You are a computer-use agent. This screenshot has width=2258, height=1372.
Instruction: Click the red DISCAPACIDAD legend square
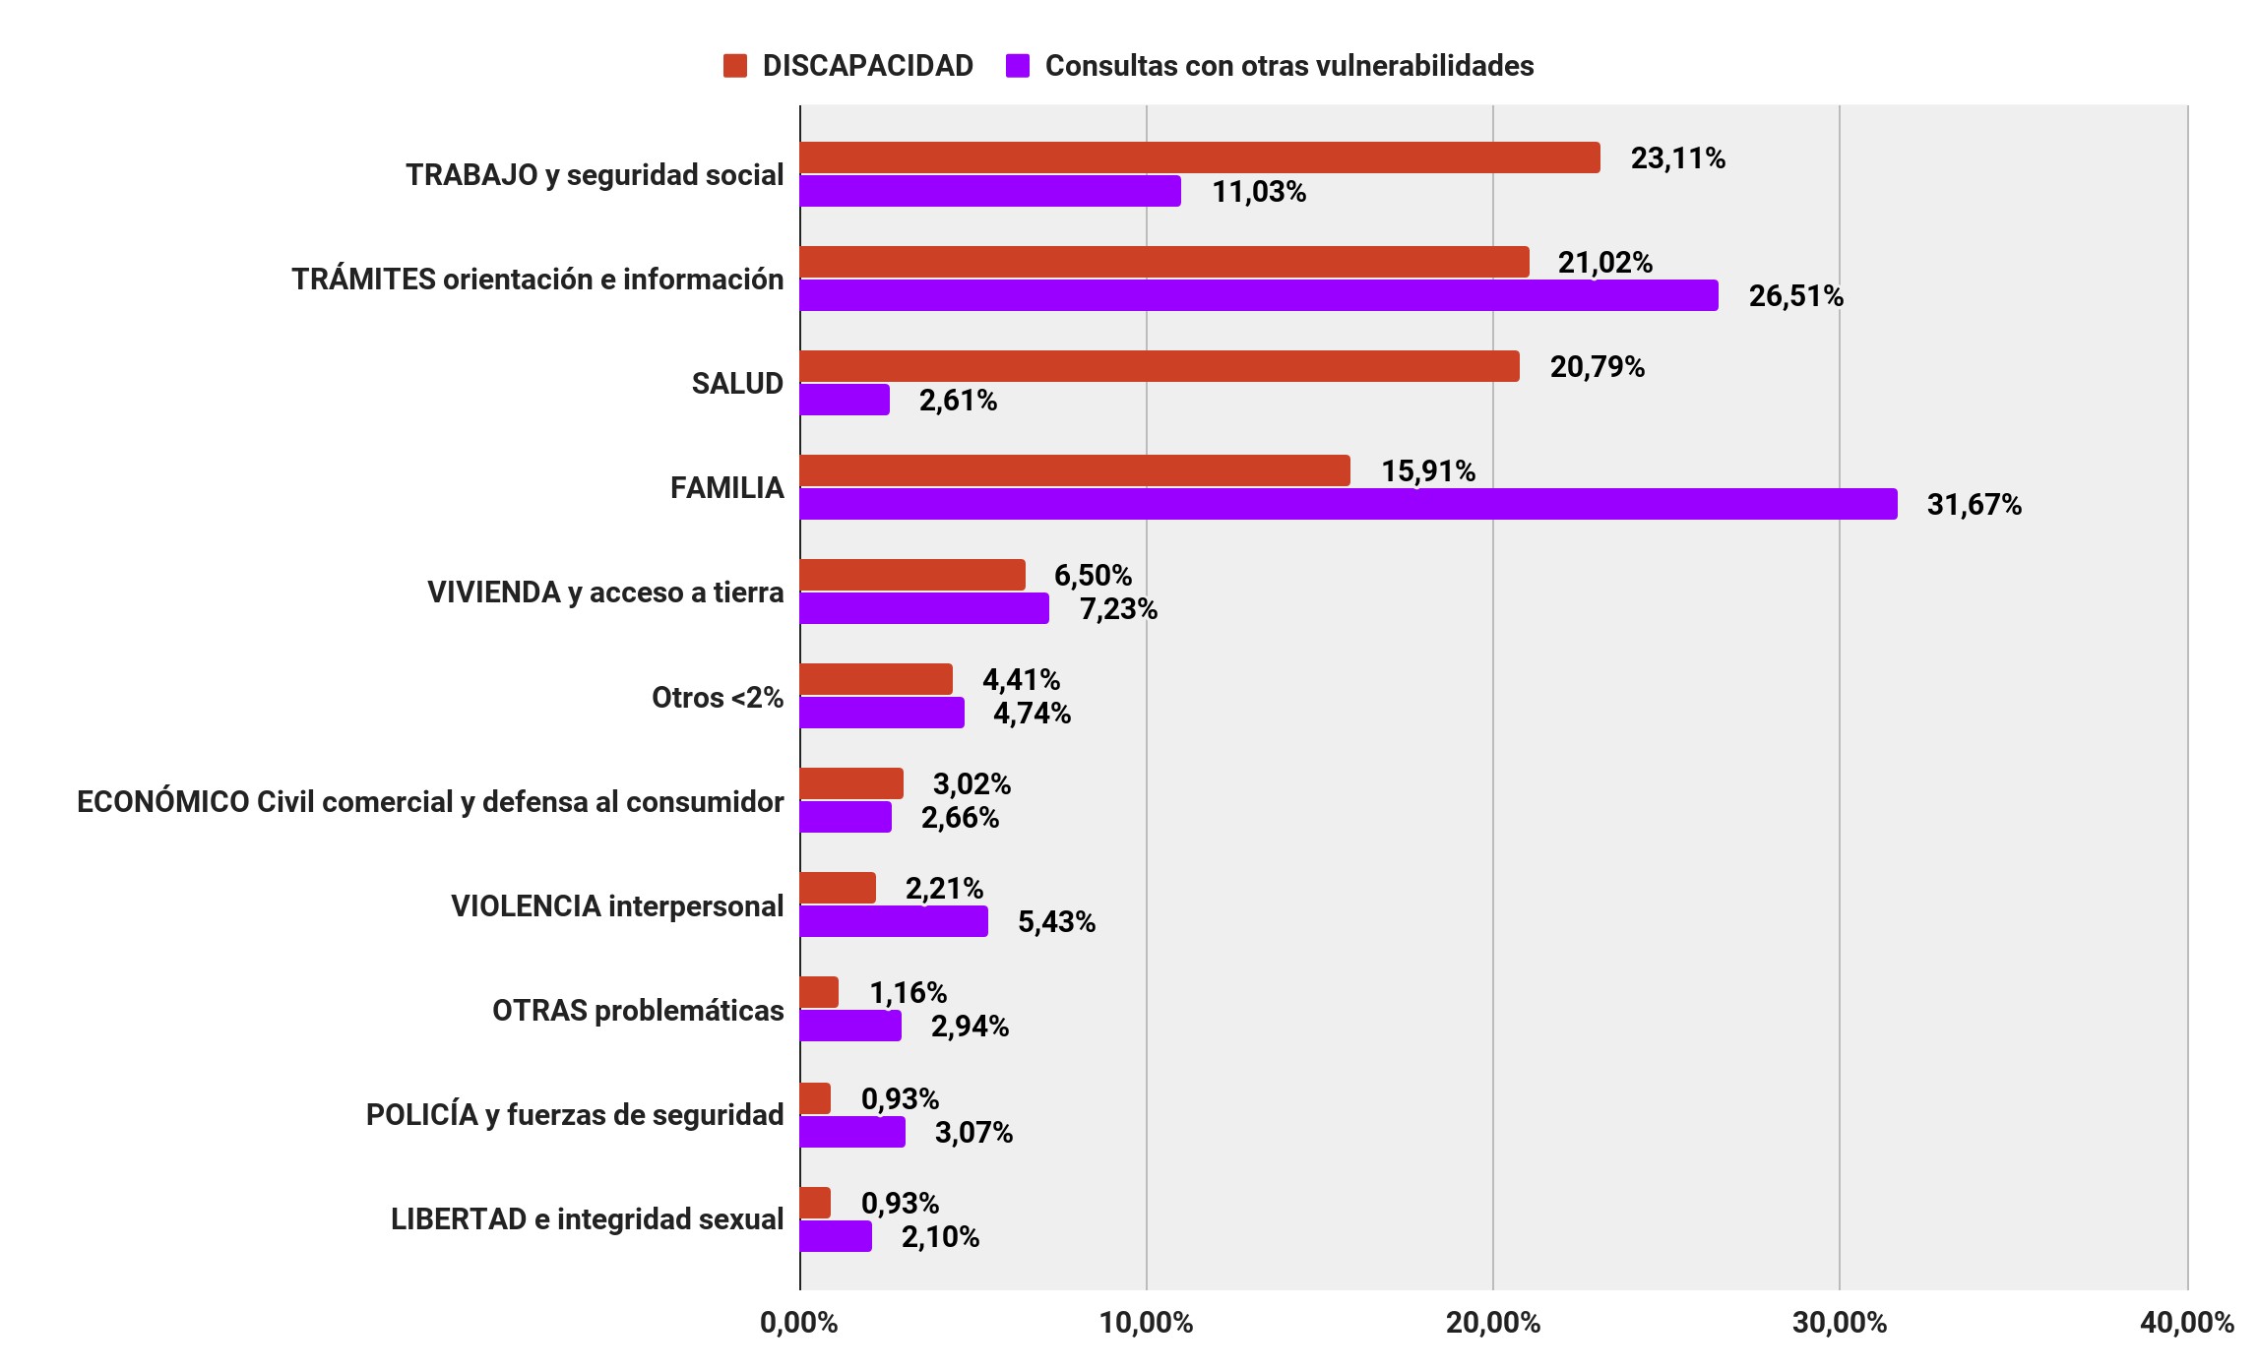734,66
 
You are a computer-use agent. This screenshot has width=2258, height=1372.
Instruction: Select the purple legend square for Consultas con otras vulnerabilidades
1018,66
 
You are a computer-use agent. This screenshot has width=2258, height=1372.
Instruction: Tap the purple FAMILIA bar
1348,504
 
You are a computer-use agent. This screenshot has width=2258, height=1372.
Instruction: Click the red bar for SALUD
1159,366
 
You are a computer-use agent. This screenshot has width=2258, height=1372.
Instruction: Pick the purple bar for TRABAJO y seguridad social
989,191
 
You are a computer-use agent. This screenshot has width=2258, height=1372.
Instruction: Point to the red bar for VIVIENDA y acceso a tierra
911,575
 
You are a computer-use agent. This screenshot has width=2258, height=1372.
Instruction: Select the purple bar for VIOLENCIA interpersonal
893,921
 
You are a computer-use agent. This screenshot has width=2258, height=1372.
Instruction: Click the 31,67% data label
1974,505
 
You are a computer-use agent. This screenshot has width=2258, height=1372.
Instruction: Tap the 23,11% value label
1677,158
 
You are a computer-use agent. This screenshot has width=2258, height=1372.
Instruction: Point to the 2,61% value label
958,401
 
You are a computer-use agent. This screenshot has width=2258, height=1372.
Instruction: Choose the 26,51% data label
1795,296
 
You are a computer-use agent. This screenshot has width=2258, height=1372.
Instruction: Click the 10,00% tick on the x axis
1146,1323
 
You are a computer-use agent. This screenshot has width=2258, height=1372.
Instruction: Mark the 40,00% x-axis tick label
2186,1323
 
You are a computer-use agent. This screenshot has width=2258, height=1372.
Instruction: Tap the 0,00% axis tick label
798,1323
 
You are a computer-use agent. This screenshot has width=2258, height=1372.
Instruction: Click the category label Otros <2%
717,698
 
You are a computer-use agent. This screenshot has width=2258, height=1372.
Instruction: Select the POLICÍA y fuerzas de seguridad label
575,1115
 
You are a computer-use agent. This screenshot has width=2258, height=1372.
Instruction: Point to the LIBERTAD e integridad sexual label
587,1219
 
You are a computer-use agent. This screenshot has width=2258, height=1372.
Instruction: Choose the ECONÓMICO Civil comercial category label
430,802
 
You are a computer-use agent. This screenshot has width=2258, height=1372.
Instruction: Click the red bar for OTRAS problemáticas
818,992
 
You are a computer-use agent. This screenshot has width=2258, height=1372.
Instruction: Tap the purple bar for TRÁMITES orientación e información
1258,295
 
